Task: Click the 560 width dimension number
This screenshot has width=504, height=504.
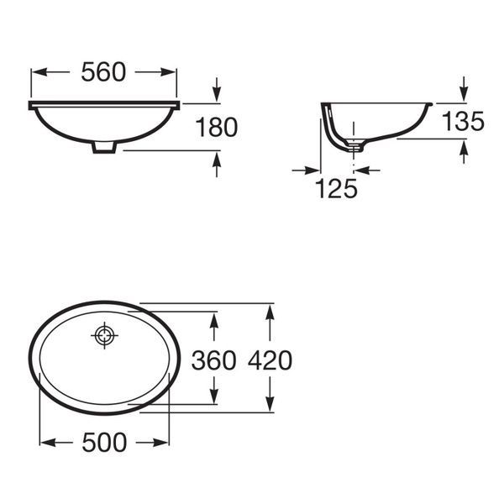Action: coord(103,72)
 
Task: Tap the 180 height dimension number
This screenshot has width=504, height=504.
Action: coord(217,128)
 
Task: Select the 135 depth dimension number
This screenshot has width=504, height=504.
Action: coord(463,121)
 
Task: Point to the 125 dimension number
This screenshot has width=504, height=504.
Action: coord(336,188)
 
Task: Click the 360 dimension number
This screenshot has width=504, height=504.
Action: coord(213,360)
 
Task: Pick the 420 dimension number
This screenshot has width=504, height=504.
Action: coord(270,360)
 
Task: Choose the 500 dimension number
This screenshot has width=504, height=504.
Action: coord(104,443)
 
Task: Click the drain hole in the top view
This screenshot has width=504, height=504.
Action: coord(104,335)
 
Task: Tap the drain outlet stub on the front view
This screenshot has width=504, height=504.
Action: coord(104,147)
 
